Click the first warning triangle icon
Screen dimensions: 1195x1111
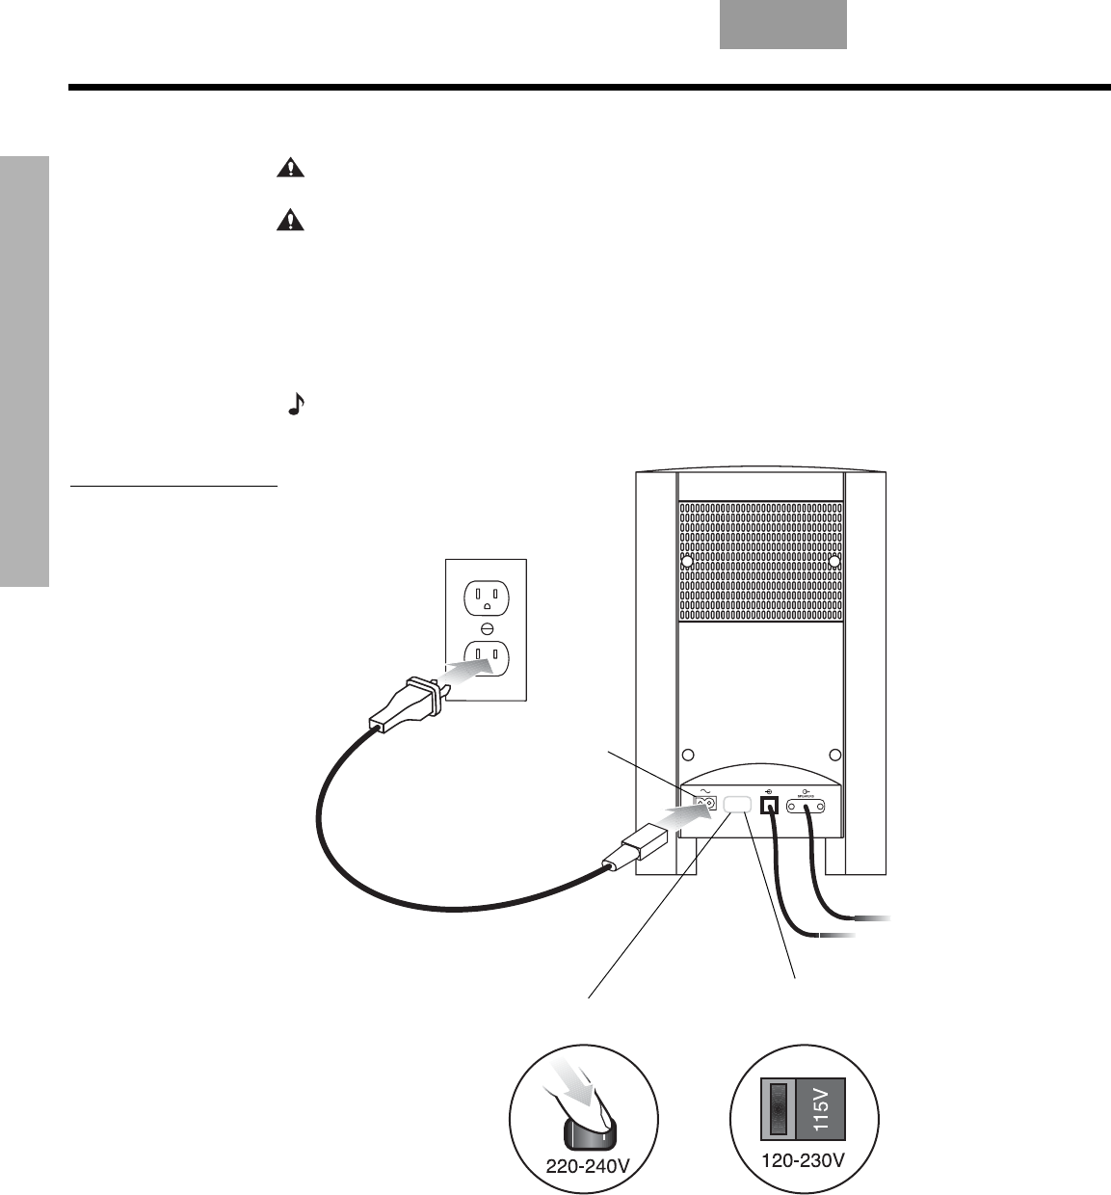point(289,169)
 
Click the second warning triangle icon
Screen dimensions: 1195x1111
point(289,222)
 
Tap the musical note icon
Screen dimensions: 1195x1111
point(296,405)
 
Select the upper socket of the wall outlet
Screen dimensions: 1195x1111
point(486,598)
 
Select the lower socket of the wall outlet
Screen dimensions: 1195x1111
point(486,658)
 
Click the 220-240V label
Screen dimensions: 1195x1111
point(588,1165)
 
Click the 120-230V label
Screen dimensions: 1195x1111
point(804,1160)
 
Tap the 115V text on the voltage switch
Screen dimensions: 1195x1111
point(821,1108)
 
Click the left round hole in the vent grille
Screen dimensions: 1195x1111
point(687,560)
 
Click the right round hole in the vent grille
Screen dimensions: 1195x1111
point(834,560)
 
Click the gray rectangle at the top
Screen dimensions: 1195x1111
point(782,24)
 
